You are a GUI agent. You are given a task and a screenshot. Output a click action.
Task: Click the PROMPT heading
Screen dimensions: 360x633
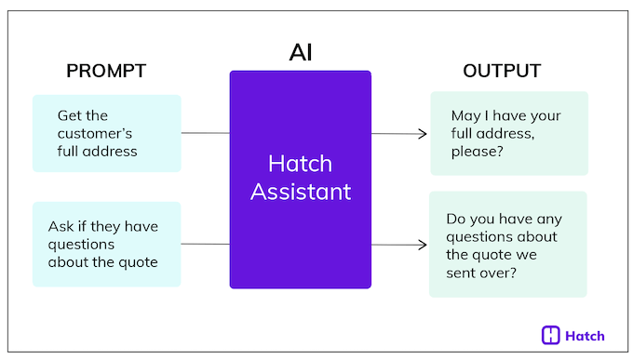click(x=106, y=72)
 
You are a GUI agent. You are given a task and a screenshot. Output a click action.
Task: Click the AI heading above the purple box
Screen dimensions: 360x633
click(x=301, y=52)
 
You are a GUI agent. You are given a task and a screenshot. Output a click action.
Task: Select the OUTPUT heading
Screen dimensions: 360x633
click(x=502, y=72)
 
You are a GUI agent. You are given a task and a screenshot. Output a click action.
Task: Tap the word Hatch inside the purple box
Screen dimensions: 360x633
click(x=301, y=164)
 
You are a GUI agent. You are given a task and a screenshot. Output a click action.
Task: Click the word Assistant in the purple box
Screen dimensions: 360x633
click(x=301, y=192)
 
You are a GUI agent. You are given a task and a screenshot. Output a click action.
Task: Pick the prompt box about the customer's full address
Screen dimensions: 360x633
click(x=106, y=133)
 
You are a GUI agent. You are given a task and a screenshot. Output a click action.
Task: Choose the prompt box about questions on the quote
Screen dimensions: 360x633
click(x=106, y=244)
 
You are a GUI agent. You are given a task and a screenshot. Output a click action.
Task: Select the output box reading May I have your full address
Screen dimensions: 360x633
click(x=508, y=133)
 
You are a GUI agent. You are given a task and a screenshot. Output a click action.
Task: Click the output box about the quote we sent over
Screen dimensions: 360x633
click(x=508, y=244)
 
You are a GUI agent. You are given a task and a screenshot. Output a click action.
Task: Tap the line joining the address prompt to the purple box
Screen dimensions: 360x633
click(x=205, y=133)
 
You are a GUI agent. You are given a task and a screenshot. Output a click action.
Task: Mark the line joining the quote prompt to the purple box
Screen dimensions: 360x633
click(x=205, y=245)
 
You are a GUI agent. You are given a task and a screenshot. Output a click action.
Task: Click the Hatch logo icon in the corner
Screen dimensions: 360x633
click(x=550, y=335)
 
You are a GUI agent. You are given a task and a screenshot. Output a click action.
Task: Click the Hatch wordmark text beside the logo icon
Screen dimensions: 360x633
click(x=586, y=336)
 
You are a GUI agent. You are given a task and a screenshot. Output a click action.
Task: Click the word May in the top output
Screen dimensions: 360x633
click(x=463, y=115)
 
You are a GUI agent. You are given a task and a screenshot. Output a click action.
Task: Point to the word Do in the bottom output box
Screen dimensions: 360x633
click(x=456, y=219)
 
